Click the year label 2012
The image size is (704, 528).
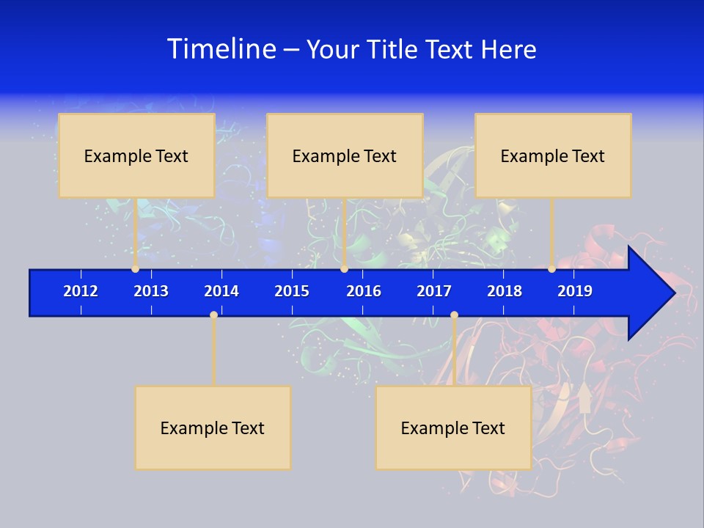(81, 291)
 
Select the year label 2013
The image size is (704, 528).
(151, 291)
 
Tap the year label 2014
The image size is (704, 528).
(221, 291)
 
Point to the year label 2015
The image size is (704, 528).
(292, 291)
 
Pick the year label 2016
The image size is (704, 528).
(364, 291)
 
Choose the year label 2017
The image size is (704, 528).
(434, 291)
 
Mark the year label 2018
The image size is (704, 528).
(505, 291)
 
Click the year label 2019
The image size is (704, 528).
(575, 291)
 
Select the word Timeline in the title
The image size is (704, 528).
(221, 49)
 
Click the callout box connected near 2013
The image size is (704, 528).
(136, 155)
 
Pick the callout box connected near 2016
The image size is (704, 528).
(345, 155)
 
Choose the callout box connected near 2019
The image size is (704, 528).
(553, 155)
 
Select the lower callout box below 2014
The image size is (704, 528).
(213, 428)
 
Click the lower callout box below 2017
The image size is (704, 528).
(453, 428)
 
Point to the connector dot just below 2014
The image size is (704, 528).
(213, 315)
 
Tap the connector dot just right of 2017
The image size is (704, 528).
(454, 315)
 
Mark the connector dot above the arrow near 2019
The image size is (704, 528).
(551, 269)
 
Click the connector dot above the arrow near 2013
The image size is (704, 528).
(135, 269)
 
